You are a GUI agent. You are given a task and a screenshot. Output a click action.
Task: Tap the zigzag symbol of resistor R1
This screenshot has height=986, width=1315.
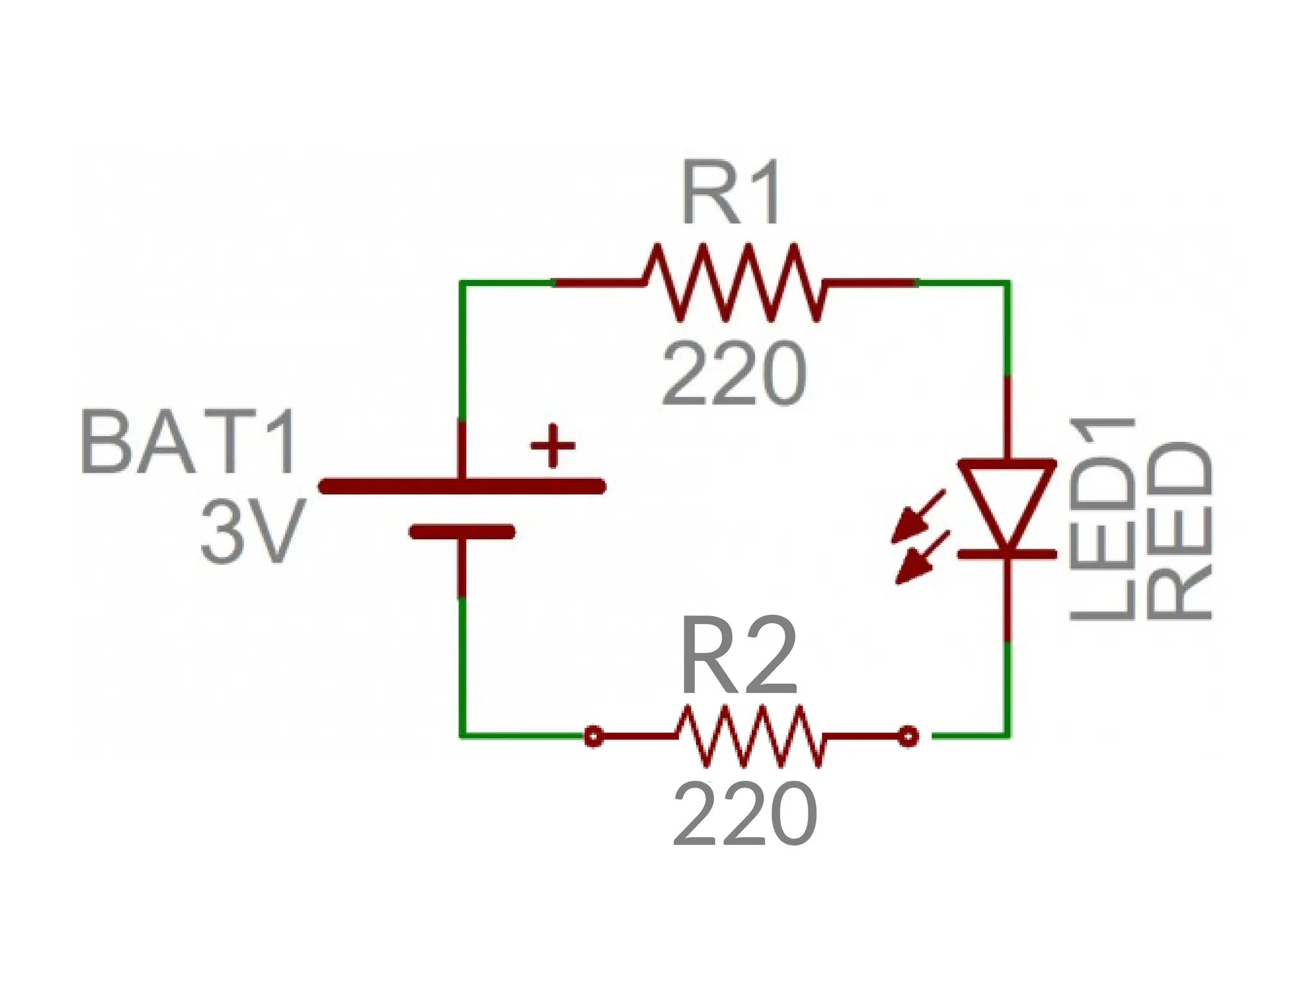[733, 282]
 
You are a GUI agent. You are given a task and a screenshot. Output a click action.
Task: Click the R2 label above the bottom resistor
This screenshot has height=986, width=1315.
[738, 657]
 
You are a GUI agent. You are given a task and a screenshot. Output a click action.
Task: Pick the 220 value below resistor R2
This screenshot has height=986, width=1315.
[745, 814]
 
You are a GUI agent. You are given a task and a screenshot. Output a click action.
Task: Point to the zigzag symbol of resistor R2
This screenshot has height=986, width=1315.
[750, 736]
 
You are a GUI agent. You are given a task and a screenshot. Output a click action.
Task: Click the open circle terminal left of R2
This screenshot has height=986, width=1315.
[594, 736]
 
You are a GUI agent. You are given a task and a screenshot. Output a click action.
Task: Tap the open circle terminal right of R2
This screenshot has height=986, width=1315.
[907, 736]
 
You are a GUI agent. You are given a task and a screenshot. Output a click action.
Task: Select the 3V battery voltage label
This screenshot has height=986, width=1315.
[250, 533]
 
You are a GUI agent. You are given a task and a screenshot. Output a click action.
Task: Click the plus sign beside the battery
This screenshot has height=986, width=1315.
[552, 445]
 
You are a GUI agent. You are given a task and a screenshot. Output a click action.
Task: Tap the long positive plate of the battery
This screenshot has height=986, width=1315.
[462, 487]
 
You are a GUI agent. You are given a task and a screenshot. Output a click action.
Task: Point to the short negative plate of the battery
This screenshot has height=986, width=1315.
[462, 532]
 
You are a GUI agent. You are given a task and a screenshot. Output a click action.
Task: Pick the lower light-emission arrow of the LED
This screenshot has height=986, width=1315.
[921, 558]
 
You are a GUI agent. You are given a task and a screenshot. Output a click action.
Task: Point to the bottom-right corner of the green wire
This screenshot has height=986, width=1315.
[1007, 736]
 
